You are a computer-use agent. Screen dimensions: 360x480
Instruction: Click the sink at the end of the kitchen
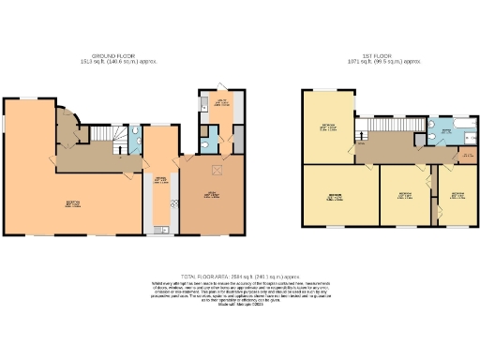click(x=161, y=224)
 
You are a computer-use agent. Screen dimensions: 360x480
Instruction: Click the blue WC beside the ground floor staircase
click(x=137, y=141)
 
